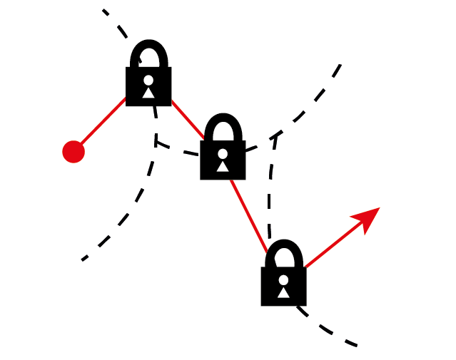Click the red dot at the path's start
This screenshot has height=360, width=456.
tap(74, 152)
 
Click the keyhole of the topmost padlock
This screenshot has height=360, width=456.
tap(148, 85)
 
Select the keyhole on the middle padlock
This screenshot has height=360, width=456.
tap(223, 158)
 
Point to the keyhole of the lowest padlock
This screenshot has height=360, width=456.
tap(283, 284)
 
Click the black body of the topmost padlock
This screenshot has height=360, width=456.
tap(136, 97)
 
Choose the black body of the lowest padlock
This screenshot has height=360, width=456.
tap(271, 296)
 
